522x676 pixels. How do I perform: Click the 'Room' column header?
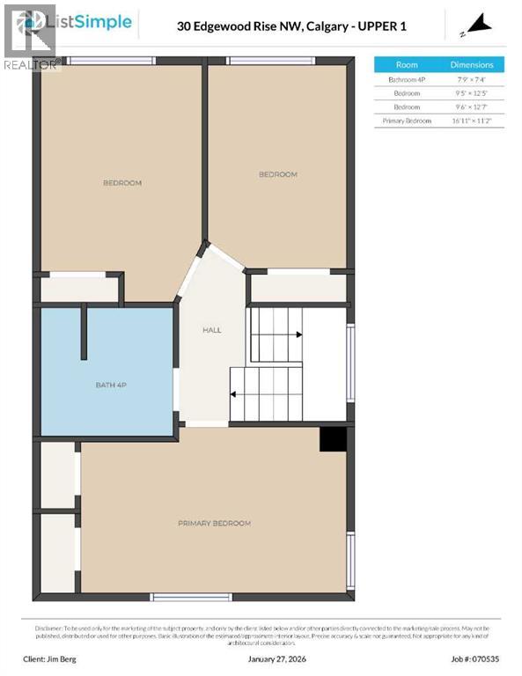pos(407,64)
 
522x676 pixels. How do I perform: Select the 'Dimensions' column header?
pos(472,64)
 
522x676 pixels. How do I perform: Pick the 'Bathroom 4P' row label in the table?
pos(407,79)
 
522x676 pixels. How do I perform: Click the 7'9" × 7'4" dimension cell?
pos(472,79)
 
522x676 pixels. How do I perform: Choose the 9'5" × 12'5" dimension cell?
pos(472,92)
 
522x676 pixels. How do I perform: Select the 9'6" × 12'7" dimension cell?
pos(472,107)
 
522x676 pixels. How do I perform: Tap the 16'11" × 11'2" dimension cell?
pos(472,121)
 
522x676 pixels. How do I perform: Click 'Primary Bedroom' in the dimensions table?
pos(407,121)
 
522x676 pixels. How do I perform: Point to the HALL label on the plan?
pos(212,331)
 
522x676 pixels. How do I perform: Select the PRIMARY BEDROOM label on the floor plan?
pos(214,523)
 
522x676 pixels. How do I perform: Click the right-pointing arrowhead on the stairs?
pos(299,334)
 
